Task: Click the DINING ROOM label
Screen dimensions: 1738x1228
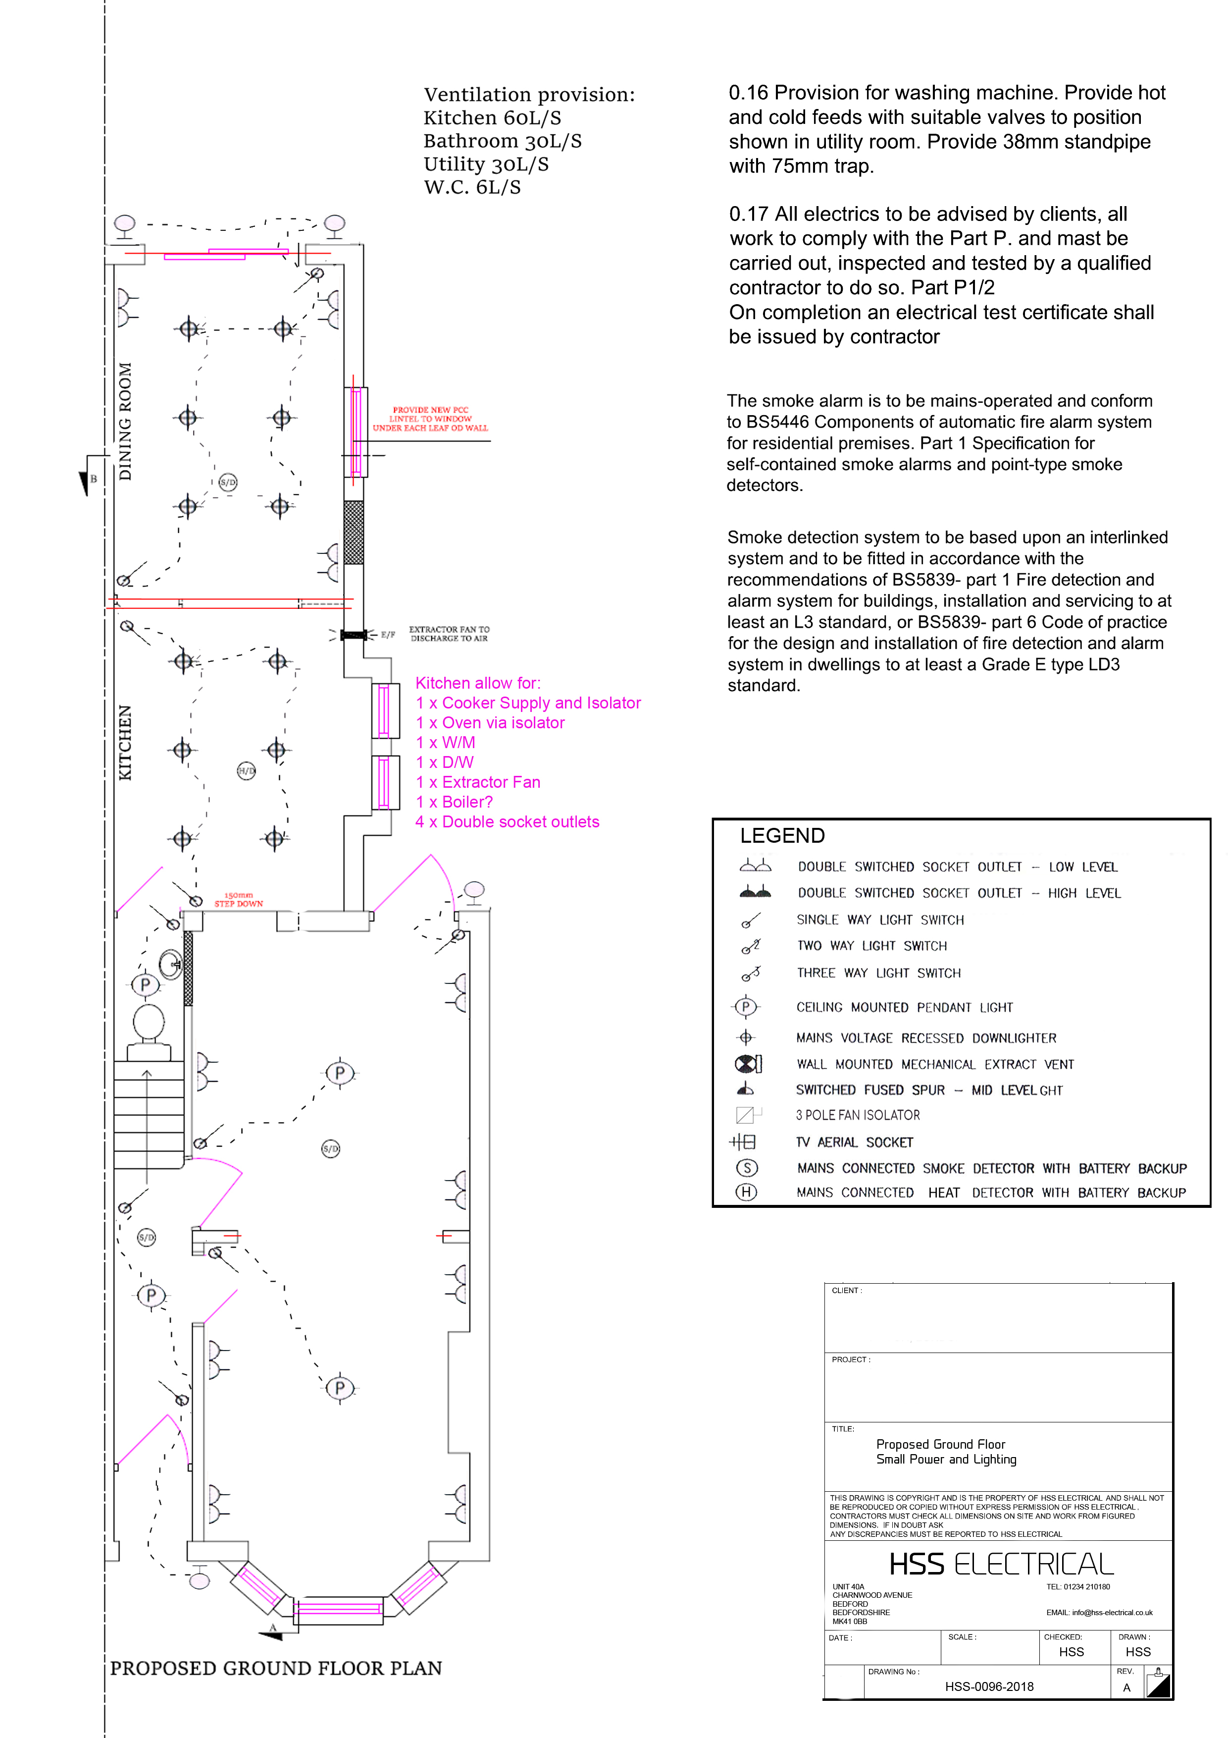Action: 125,422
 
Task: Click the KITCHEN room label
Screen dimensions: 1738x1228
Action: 125,743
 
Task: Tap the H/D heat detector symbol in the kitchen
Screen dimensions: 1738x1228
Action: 247,771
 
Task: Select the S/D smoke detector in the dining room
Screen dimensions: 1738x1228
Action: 228,482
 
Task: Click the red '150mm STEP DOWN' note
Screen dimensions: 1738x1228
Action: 238,899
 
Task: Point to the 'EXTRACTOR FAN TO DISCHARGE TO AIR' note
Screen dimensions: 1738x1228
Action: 450,634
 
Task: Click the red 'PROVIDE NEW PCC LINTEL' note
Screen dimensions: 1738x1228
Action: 430,419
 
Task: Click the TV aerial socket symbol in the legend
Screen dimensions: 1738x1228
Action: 743,1141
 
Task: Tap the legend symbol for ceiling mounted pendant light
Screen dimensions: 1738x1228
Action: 745,1007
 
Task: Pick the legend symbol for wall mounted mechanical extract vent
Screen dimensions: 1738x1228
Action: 748,1064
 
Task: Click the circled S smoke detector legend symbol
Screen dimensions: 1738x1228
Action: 747,1167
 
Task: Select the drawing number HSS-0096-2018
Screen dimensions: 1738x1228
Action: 989,1686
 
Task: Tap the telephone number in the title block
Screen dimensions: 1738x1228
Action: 1078,1586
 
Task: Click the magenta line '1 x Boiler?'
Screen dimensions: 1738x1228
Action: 454,802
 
